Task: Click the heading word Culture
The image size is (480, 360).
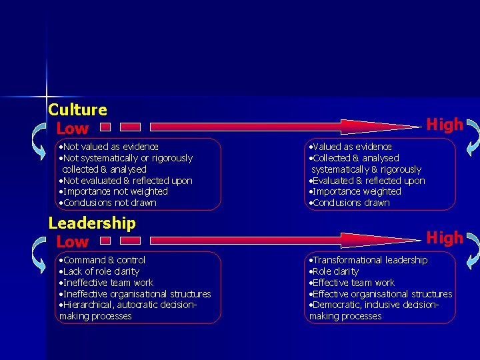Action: pos(77,109)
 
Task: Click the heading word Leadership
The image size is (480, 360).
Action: pos(92,223)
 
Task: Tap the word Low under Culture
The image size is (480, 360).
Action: pos(72,129)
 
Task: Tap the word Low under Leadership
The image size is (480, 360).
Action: pos(72,241)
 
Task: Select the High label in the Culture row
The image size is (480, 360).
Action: pos(444,125)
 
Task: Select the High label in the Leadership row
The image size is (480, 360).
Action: pos(444,238)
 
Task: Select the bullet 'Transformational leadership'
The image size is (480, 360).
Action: pos(368,260)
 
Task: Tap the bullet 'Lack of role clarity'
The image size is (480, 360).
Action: pos(99,271)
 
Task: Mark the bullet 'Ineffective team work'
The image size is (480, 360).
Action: pos(106,283)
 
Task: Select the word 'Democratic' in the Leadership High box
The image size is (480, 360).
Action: pos(335,305)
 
